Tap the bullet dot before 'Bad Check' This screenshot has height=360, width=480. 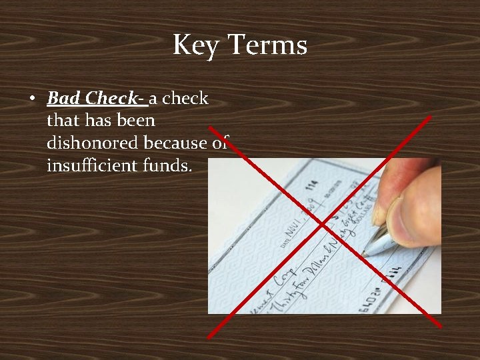tap(32, 99)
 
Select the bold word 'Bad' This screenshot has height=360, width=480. tap(64, 99)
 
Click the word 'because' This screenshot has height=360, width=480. tap(179, 143)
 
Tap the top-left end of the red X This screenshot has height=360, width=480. tap(210, 126)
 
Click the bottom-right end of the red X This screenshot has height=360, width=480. tap(440, 325)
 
